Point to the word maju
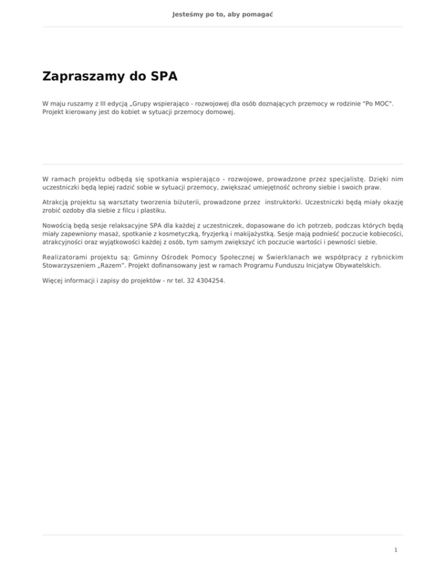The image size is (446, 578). pos(59,103)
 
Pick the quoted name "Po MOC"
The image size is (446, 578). pos(372,103)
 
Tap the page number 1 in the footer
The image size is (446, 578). pos(395,548)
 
